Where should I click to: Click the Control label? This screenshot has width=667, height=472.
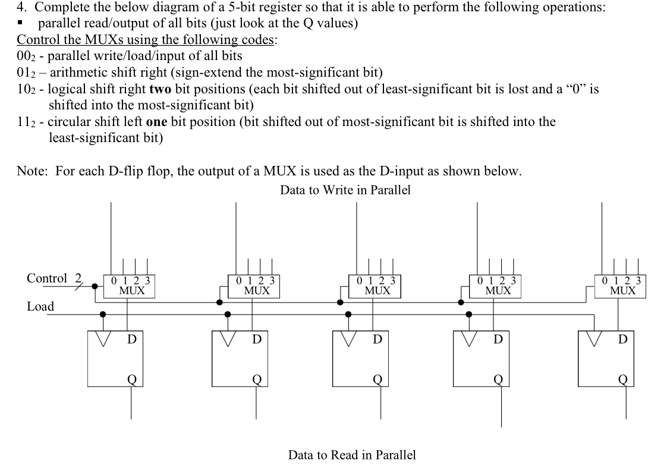(x=47, y=278)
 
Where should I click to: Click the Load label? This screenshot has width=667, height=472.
(x=40, y=307)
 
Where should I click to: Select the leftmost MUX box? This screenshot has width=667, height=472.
(x=128, y=286)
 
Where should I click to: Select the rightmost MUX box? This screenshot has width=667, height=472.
(x=622, y=286)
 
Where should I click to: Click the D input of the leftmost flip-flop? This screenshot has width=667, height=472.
(x=132, y=339)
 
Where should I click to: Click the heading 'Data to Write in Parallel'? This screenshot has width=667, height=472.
(x=345, y=190)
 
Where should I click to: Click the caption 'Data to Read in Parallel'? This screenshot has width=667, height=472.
(x=352, y=455)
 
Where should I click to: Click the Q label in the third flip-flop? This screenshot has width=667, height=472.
(x=377, y=379)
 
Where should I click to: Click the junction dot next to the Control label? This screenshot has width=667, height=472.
(x=94, y=286)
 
